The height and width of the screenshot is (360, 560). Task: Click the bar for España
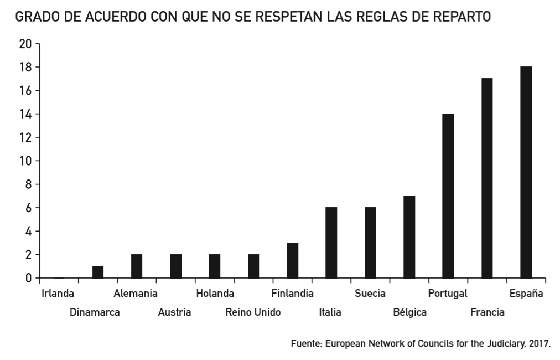(526, 172)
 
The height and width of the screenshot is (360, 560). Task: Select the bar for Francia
(487, 178)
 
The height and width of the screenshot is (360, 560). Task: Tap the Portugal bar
(448, 196)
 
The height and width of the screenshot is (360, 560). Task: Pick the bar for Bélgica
(409, 236)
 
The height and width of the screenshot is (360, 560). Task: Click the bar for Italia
(331, 243)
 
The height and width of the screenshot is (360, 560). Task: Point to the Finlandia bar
(292, 260)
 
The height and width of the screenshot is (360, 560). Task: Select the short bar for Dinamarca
(98, 272)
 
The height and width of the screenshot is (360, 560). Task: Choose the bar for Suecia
(370, 243)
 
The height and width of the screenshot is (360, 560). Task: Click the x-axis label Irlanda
(58, 294)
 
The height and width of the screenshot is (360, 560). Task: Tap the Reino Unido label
(253, 312)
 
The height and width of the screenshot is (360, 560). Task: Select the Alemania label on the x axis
(136, 294)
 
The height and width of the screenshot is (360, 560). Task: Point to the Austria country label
(174, 312)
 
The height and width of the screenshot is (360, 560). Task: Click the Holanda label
(215, 294)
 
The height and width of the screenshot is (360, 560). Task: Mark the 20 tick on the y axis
(25, 44)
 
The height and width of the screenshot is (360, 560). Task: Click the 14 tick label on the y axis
(25, 114)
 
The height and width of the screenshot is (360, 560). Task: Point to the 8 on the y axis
(28, 184)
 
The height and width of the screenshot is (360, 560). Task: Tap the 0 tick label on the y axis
(28, 278)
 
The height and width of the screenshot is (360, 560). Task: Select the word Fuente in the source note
(306, 343)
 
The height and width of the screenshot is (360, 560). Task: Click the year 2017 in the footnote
(540, 343)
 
